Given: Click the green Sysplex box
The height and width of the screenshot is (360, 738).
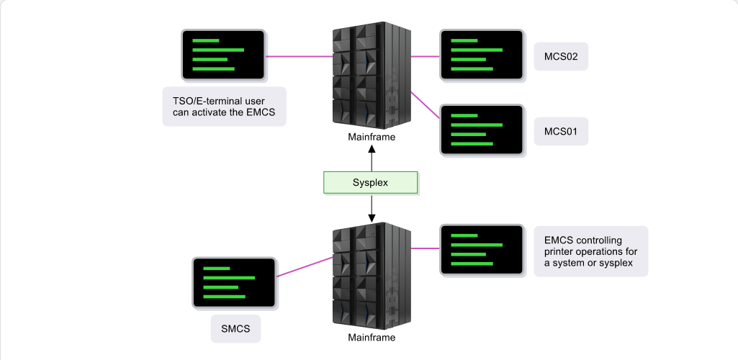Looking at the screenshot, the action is [370, 183].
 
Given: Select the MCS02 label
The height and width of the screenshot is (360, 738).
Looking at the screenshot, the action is [561, 56].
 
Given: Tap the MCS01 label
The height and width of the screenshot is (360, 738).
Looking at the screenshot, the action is [561, 131].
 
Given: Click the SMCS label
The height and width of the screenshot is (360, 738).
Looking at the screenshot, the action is [235, 329].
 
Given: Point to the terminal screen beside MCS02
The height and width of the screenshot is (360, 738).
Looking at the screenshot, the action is [482, 55].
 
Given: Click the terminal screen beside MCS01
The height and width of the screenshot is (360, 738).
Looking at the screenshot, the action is [482, 130].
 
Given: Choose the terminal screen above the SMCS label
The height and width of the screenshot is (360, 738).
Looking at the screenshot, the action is [235, 283].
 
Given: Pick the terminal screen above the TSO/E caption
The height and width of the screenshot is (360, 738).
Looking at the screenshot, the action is [224, 55].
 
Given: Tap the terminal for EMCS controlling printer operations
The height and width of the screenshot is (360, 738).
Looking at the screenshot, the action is [482, 250].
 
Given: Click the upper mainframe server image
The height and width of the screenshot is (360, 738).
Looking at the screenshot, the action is [372, 76].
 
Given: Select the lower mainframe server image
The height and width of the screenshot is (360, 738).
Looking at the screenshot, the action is [372, 276].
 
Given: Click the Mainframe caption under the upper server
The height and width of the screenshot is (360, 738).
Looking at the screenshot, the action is [372, 138].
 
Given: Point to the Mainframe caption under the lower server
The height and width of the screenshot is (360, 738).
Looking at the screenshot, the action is [372, 338].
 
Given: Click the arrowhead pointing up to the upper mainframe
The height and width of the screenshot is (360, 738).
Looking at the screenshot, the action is [372, 149].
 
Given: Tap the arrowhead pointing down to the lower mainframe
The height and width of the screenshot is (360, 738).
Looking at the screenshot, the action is [372, 218].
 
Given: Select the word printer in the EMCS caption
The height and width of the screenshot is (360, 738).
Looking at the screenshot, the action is [559, 252].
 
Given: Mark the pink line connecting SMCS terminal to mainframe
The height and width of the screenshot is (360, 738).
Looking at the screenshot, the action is [305, 267].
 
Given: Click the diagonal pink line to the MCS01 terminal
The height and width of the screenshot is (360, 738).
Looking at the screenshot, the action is [426, 105].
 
